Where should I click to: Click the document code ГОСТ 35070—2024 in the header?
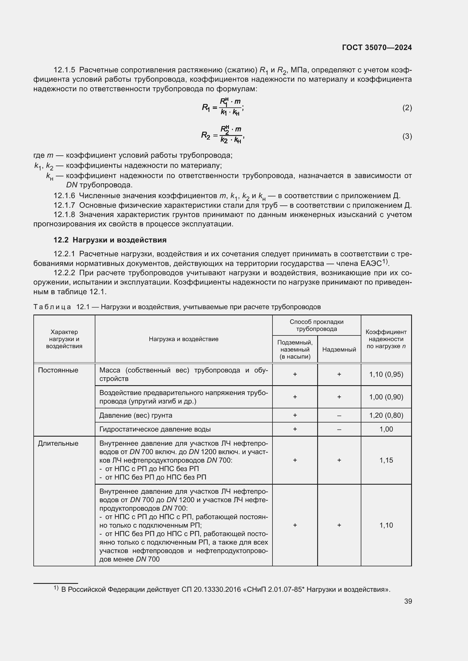pyautogui.click(x=377, y=47)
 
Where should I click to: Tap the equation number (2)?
pyautogui.click(x=407, y=108)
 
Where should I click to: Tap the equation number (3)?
pyautogui.click(x=407, y=136)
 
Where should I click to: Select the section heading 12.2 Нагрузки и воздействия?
pyautogui.click(x=110, y=240)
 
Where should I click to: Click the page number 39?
pyautogui.click(x=408, y=601)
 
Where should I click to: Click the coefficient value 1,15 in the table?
pyautogui.click(x=386, y=460)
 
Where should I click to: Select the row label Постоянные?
pyautogui.click(x=58, y=370)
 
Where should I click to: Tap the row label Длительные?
pyautogui.click(x=58, y=443)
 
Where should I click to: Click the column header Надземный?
pyautogui.click(x=339, y=349)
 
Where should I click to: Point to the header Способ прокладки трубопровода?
pyautogui.click(x=316, y=325)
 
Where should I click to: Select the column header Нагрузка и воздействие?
pyautogui.click(x=184, y=339)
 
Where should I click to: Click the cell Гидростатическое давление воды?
pyautogui.click(x=155, y=429)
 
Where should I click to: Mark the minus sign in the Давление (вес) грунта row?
pyautogui.click(x=339, y=415)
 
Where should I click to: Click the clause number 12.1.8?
pyautogui.click(x=64, y=214)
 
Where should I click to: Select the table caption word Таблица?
pyautogui.click(x=52, y=307)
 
